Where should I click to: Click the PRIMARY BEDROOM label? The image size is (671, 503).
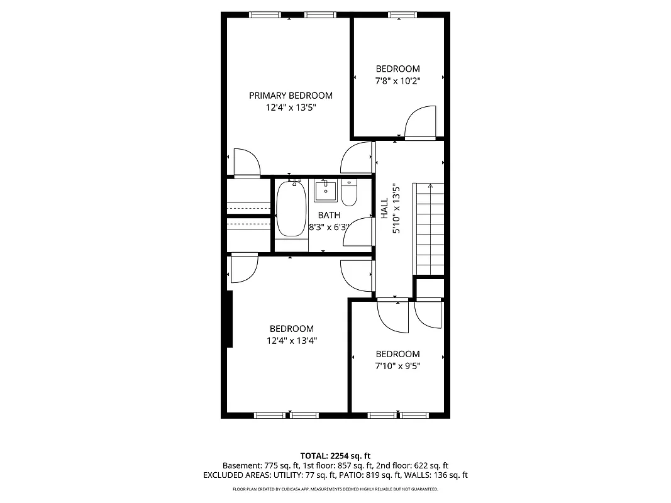[x=291, y=96]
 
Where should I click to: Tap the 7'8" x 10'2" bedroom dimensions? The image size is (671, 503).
[x=397, y=80]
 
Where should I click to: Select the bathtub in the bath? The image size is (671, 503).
[x=291, y=209]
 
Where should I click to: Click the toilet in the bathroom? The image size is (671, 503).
[x=349, y=194]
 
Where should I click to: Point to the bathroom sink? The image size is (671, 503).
[x=326, y=191]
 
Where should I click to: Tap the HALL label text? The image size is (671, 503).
[x=384, y=209]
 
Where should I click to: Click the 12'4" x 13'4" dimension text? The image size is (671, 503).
[x=291, y=341]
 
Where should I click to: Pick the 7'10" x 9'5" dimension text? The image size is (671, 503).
[x=397, y=366]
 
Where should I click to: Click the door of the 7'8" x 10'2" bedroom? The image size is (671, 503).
[x=420, y=123]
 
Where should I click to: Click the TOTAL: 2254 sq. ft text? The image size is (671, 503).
[x=335, y=455]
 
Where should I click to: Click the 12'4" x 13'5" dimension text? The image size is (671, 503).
[x=291, y=108]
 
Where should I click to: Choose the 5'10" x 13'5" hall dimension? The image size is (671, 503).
[x=396, y=209]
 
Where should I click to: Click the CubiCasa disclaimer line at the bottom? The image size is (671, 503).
[x=335, y=489]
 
